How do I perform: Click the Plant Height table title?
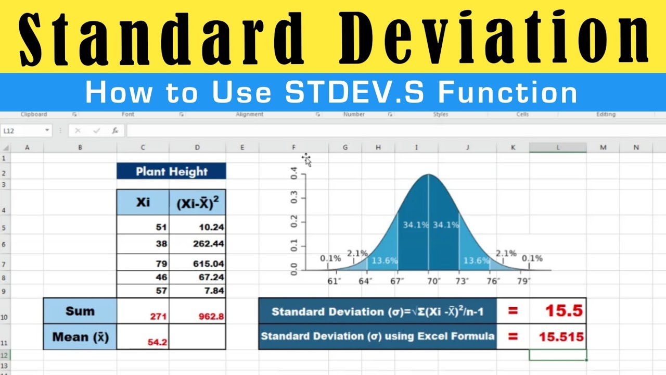[171, 171]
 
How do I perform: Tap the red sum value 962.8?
[211, 316]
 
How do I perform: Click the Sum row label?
[80, 311]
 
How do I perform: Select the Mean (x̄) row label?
[80, 337]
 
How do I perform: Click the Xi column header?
[143, 202]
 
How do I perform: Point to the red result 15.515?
[561, 337]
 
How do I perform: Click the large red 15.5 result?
[563, 311]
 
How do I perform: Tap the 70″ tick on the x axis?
[428, 281]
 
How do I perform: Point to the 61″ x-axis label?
[334, 281]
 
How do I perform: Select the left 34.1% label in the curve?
[415, 225]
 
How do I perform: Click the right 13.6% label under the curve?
[476, 260]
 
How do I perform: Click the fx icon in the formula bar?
[116, 131]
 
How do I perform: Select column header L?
[558, 148]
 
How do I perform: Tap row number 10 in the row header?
[5, 317]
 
